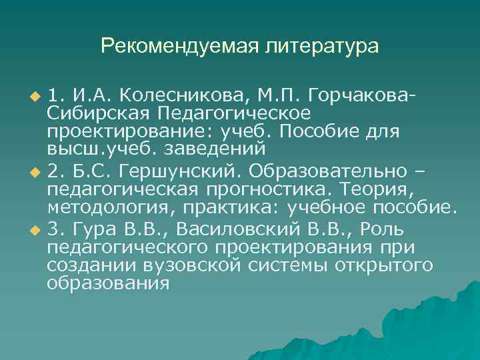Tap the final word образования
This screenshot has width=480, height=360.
pos(108,283)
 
